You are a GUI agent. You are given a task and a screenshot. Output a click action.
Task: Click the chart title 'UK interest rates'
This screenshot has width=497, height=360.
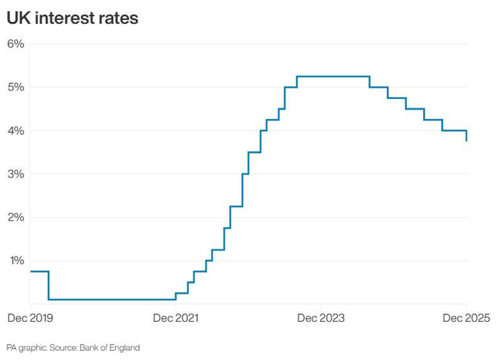point(72,18)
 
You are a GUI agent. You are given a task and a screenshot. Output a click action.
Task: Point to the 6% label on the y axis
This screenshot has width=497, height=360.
point(16,44)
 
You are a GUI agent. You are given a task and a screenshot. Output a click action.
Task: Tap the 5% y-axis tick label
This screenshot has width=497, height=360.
point(16,87)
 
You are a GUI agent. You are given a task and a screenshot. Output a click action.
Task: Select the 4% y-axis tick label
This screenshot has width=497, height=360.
point(16,131)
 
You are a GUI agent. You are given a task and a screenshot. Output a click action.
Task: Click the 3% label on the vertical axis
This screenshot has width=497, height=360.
point(16,174)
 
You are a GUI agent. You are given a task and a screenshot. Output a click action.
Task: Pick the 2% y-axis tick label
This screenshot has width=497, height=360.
point(16,218)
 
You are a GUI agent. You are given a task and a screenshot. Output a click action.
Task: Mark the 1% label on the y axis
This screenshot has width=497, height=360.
point(16,261)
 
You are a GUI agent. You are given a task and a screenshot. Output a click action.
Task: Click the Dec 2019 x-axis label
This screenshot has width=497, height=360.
point(29,318)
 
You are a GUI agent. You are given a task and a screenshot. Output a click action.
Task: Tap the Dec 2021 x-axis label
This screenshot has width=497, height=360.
point(175,318)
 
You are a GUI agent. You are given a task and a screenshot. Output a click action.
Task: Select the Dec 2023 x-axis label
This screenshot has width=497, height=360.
point(321,318)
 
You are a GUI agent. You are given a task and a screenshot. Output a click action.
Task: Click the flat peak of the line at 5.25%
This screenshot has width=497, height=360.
point(333,76)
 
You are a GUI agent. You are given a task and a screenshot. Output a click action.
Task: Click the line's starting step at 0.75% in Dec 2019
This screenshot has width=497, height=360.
point(39,271)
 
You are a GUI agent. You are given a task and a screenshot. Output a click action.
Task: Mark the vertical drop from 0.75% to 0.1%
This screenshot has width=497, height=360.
point(49,285)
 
